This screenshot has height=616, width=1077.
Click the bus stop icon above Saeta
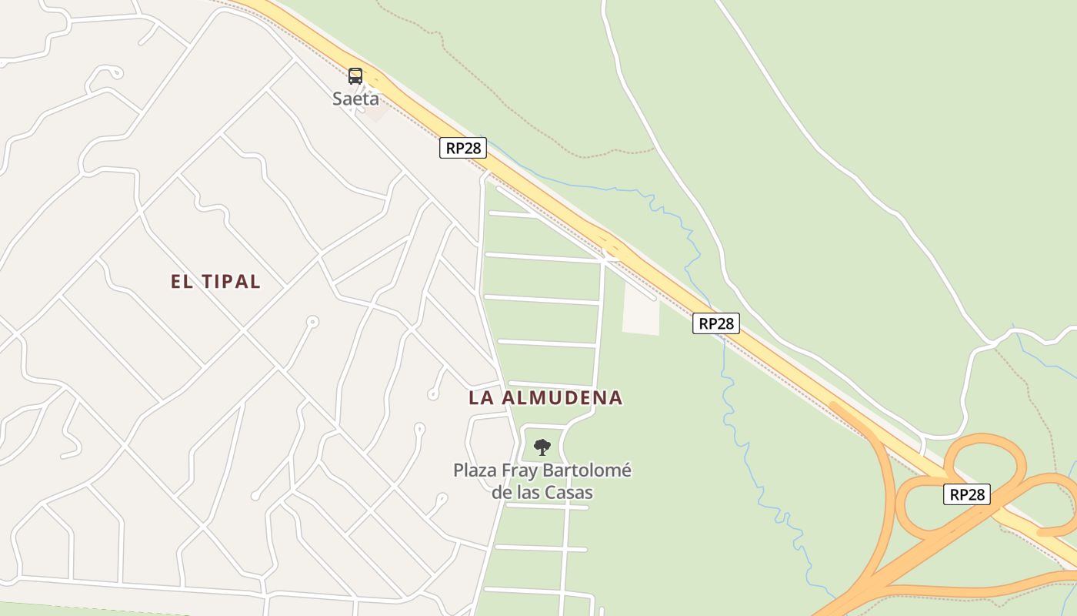[x=355, y=75]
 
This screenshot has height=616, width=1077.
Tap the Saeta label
[x=355, y=99]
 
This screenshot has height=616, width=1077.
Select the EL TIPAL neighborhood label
[x=215, y=282]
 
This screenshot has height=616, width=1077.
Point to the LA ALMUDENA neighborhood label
[x=545, y=398]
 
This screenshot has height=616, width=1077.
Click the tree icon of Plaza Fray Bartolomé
[x=542, y=447]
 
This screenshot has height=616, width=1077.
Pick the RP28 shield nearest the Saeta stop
[x=463, y=148]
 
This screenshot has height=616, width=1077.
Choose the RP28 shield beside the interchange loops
[x=967, y=494]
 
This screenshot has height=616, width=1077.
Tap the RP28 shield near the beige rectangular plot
[x=716, y=323]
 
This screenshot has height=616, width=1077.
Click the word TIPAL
[x=231, y=282]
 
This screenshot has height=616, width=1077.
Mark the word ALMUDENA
[x=563, y=398]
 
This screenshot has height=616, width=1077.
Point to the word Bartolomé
[x=587, y=470]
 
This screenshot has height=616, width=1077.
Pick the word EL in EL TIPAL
[x=181, y=282]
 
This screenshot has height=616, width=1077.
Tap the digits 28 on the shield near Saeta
[x=472, y=148]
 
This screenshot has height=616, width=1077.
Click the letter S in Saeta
[x=338, y=99]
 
